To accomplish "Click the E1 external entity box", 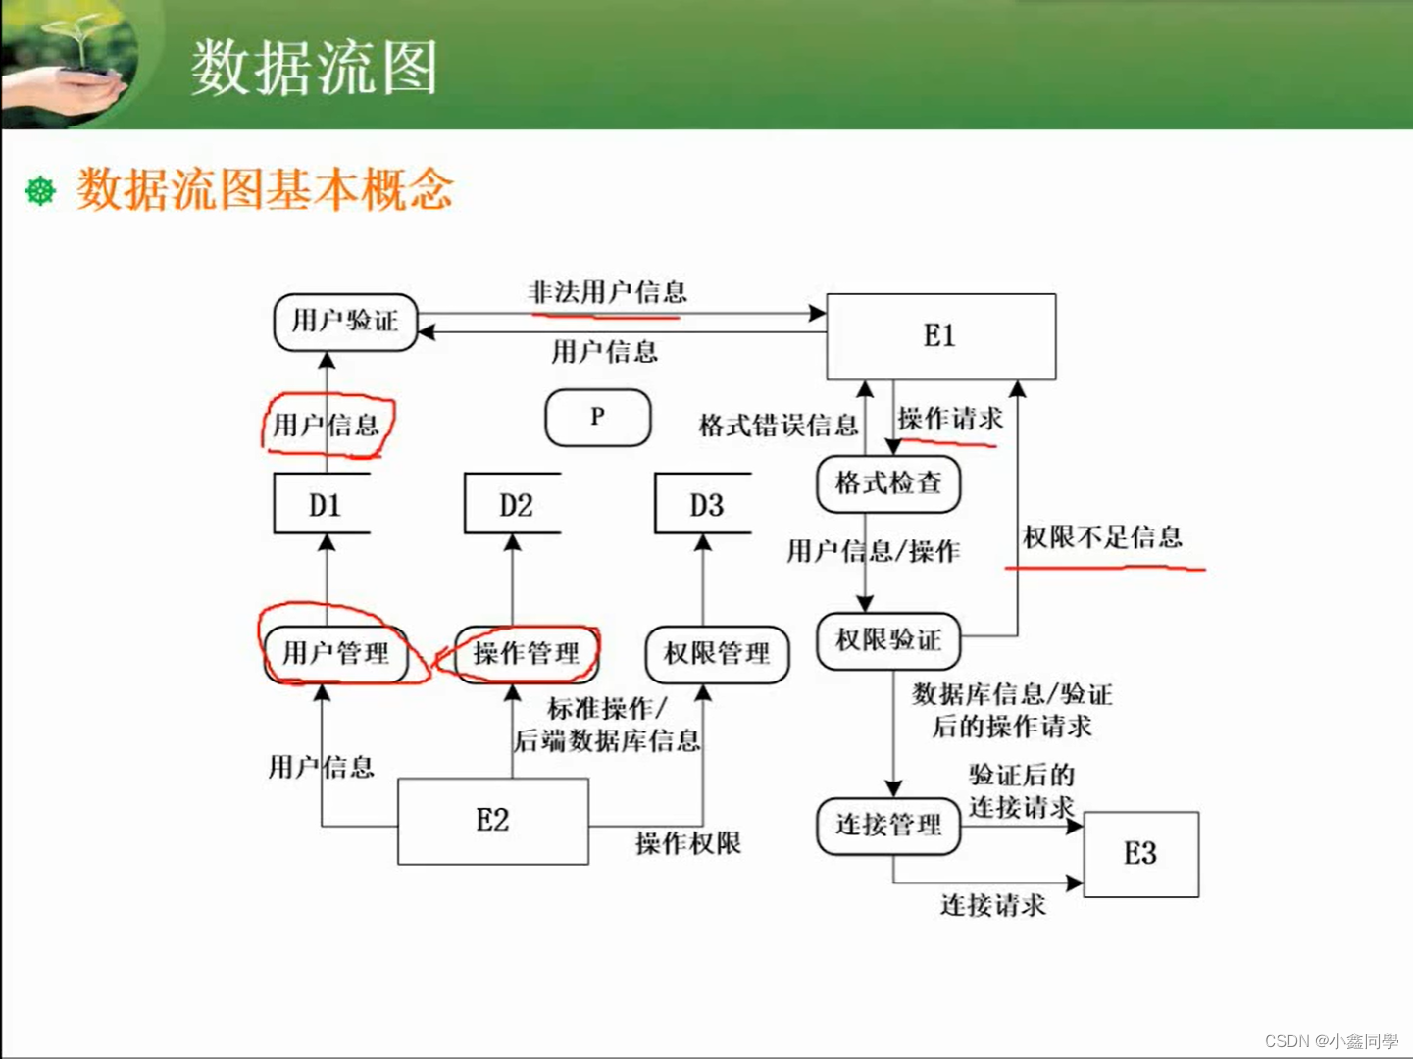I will pyautogui.click(x=940, y=336).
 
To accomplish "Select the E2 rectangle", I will pyautogui.click(x=492, y=821).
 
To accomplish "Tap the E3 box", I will pyautogui.click(x=1140, y=854).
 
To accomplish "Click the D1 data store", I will pyautogui.click(x=324, y=505).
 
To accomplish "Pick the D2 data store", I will pyautogui.click(x=514, y=505).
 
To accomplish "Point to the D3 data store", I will pyautogui.click(x=705, y=505).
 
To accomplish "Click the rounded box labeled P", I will pyautogui.click(x=597, y=418).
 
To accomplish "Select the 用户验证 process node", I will pyautogui.click(x=345, y=322).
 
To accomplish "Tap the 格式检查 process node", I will pyautogui.click(x=887, y=483).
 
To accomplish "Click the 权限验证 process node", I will pyautogui.click(x=887, y=641).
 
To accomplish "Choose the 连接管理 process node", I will pyautogui.click(x=887, y=826).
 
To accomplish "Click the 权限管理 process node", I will pyautogui.click(x=717, y=654).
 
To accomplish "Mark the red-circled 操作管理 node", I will pyautogui.click(x=527, y=654).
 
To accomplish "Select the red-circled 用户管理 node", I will pyautogui.click(x=336, y=654).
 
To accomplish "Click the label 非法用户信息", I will pyautogui.click(x=608, y=292).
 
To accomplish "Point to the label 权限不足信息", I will pyautogui.click(x=1102, y=537).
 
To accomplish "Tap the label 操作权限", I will pyautogui.click(x=687, y=843).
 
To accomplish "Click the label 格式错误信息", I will pyautogui.click(x=779, y=426).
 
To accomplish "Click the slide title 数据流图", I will pyautogui.click(x=314, y=68).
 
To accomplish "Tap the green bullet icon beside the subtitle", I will pyautogui.click(x=40, y=190).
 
